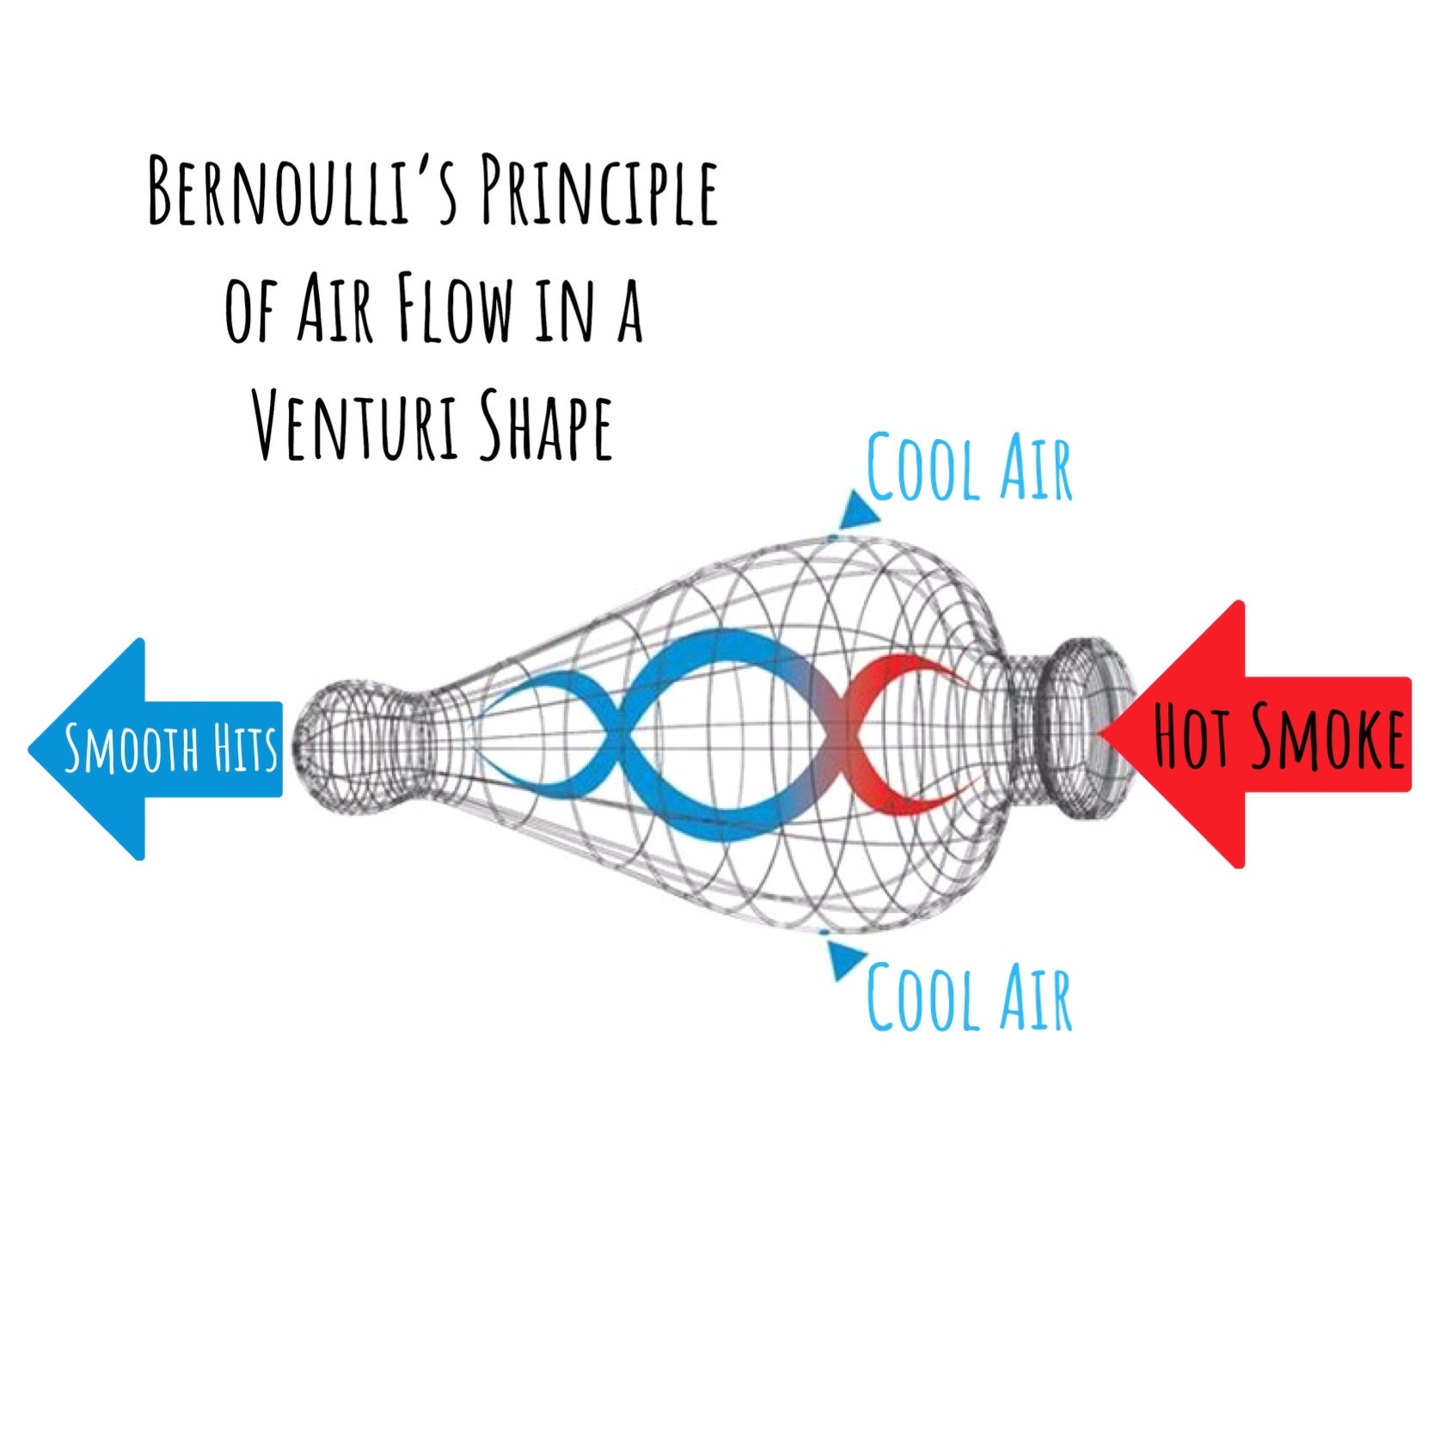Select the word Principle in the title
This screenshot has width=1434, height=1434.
pos(598,191)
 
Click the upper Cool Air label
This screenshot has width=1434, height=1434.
pos(969,469)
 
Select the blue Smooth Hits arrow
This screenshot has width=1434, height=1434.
pos(155,748)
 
